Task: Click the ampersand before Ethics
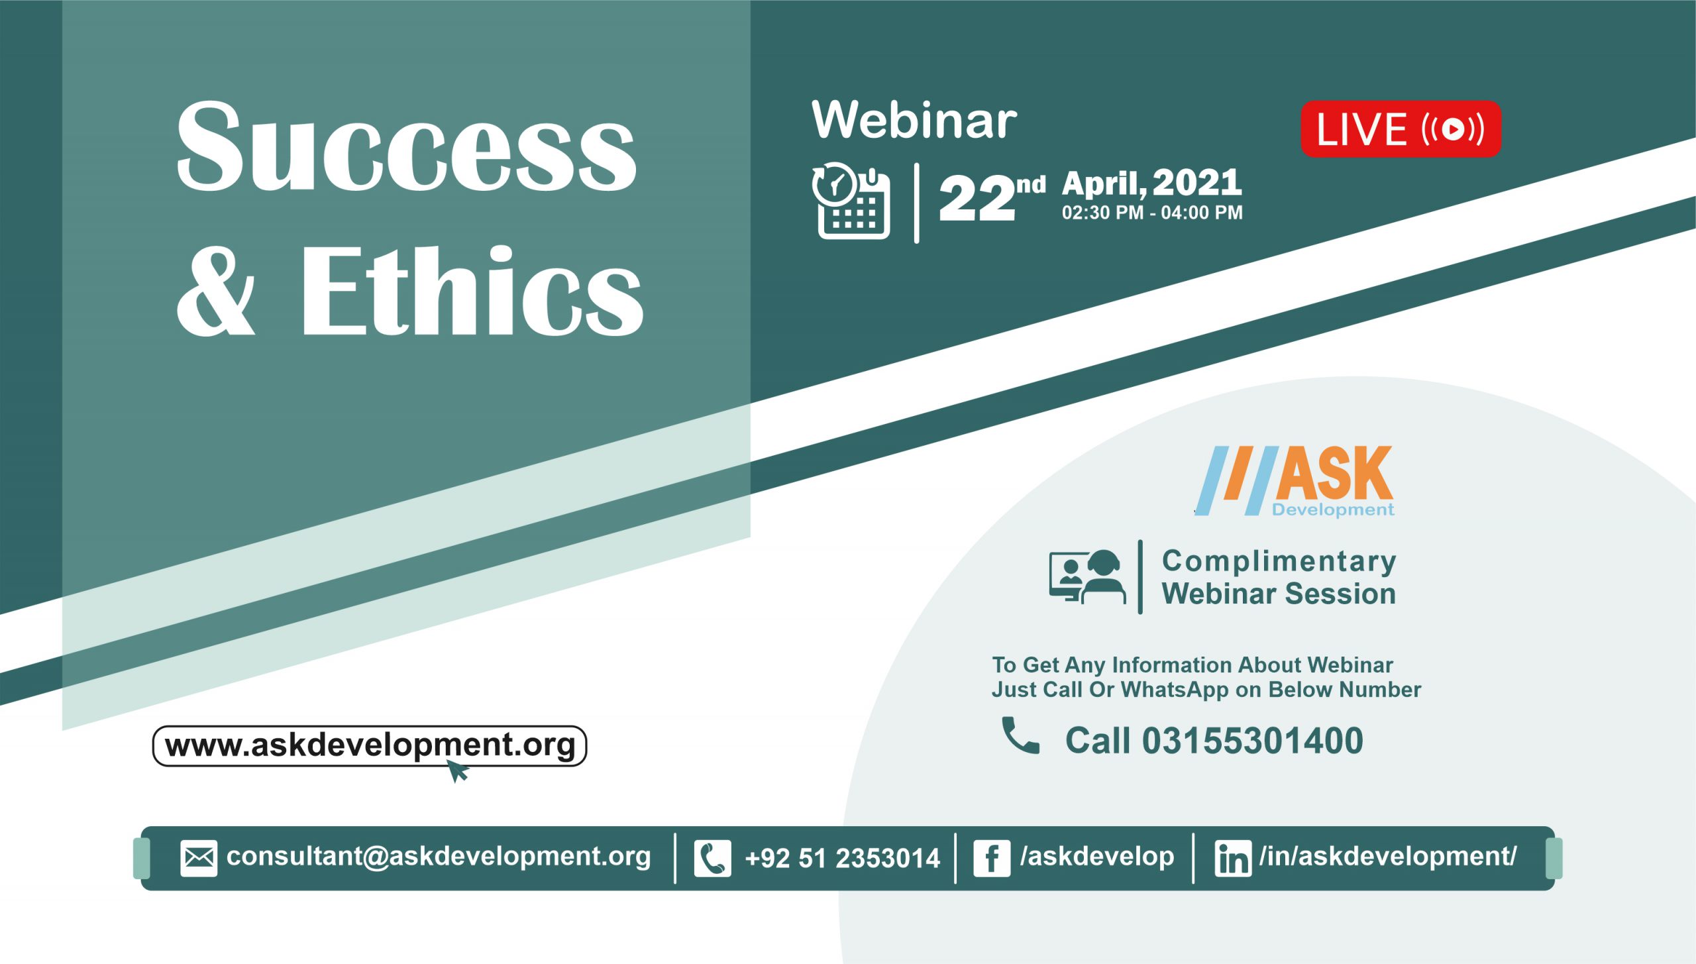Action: point(216,292)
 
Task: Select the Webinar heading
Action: point(914,120)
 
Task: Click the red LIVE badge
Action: point(1401,129)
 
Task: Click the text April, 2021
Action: point(1152,183)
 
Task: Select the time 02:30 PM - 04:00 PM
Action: point(1152,213)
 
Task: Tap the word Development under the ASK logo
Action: point(1333,509)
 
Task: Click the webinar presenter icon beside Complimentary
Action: point(1087,576)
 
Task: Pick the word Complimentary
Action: point(1279,561)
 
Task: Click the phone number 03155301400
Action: point(1253,740)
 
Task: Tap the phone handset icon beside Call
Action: point(1021,735)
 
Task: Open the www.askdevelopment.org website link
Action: point(370,745)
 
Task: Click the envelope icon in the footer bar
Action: point(199,859)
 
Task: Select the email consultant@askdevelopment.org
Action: point(439,857)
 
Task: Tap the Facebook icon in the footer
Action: point(992,859)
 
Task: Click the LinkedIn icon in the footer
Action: point(1233,859)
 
